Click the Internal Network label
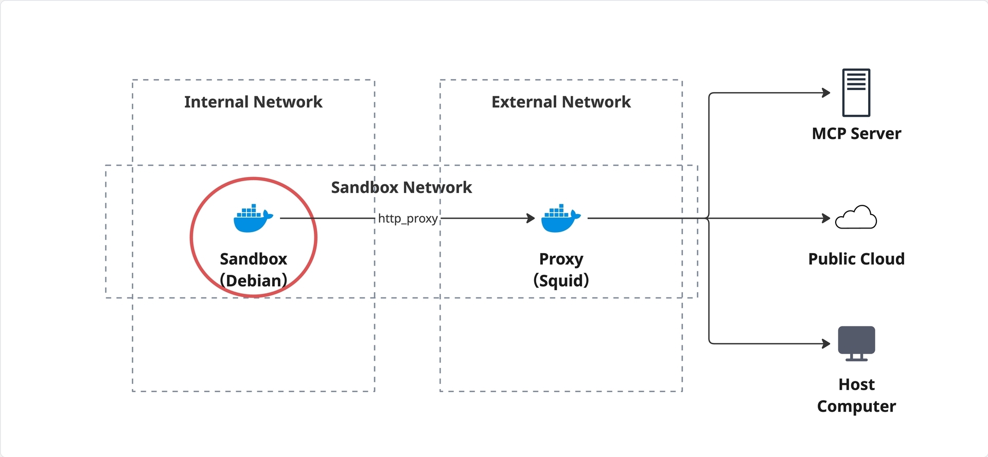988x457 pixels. click(253, 102)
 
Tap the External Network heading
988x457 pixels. click(561, 102)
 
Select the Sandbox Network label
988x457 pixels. click(401, 187)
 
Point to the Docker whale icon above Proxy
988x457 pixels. click(561, 218)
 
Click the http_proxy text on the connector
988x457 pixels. click(408, 219)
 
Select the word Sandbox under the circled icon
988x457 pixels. click(253, 259)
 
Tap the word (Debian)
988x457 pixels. click(253, 280)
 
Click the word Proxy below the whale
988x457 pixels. click(561, 259)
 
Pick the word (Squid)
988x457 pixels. click(561, 280)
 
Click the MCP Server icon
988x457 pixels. click(856, 93)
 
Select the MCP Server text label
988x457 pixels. click(856, 134)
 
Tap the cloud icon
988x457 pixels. click(856, 217)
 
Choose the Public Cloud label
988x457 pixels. click(856, 259)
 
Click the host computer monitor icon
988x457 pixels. click(856, 343)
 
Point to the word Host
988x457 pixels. click(856, 384)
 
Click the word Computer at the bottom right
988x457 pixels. click(856, 407)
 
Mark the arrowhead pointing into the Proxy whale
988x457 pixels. click(531, 218)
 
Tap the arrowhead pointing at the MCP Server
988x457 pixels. click(826, 93)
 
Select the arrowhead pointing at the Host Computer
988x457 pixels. click(826, 343)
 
